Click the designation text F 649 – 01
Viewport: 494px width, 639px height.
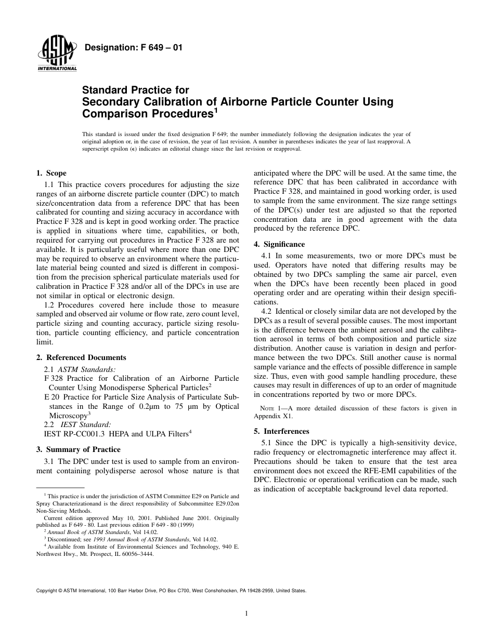click(x=133, y=48)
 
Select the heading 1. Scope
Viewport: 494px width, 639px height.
click(x=51, y=173)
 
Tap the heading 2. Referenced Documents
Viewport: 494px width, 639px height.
click(x=81, y=357)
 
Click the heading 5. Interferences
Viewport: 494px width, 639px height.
click(x=281, y=431)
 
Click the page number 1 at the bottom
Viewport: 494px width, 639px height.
click(x=246, y=614)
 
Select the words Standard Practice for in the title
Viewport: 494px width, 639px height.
click(x=136, y=90)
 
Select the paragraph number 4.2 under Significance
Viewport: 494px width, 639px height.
click(x=267, y=311)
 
